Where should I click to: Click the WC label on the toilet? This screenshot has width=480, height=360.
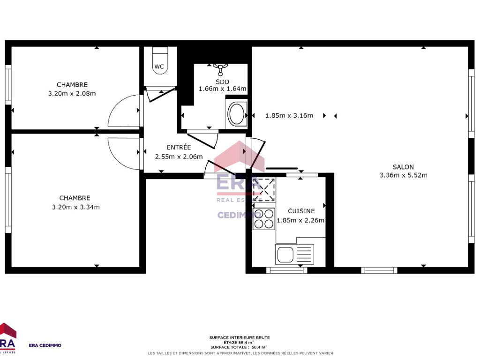pos(159,67)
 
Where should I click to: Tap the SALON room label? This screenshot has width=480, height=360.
pos(403,167)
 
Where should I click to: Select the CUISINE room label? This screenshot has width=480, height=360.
pos(301,211)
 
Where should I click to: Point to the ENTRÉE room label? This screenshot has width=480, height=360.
pos(179,147)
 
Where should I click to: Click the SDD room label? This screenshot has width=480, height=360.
pos(222,82)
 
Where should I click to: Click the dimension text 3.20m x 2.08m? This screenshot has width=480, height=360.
pos(72,93)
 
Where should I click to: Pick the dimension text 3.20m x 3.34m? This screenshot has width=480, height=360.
pos(75,207)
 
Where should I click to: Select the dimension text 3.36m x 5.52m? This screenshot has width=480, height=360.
pos(404,175)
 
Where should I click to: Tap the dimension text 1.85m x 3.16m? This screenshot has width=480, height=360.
pos(289,115)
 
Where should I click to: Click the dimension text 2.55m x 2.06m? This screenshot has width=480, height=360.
pos(179,157)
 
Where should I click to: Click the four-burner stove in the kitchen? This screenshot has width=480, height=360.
pos(263,219)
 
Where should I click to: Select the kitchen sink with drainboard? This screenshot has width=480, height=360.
pos(294,254)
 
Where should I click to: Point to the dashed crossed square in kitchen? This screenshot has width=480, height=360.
pos(263,190)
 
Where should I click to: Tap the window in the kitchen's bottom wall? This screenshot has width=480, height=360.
pos(286,270)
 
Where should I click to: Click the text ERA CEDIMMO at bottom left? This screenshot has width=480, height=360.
pos(45,345)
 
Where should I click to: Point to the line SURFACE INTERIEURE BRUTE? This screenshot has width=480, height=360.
pos(240,337)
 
